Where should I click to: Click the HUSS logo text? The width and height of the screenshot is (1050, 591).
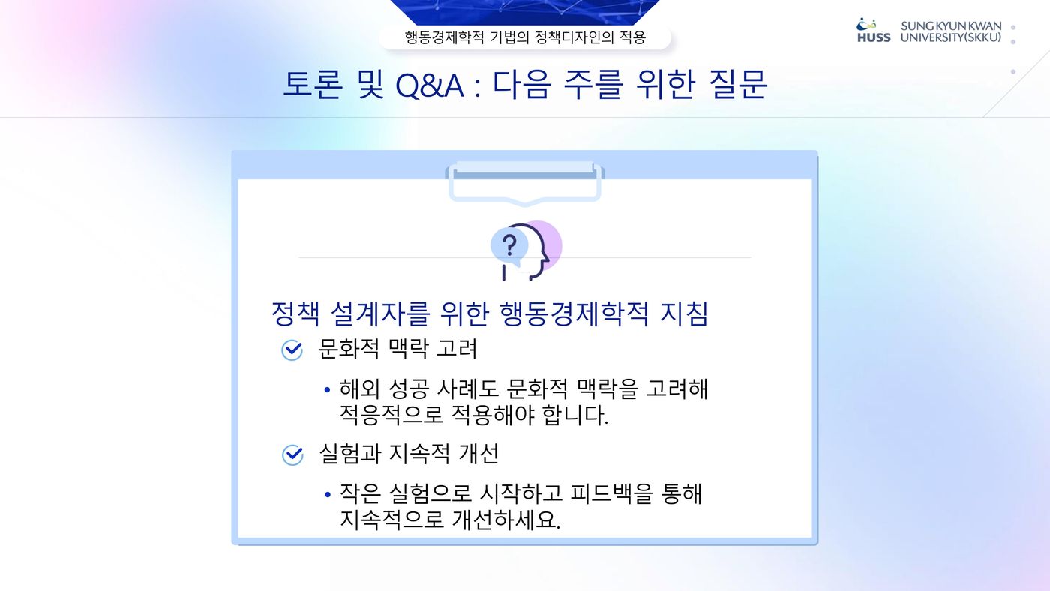(874, 37)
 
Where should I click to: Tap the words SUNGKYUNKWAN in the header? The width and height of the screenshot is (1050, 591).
(951, 26)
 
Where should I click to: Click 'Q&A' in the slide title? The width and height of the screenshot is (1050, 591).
(429, 85)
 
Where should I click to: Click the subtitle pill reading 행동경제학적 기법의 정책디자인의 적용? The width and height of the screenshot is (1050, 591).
(525, 37)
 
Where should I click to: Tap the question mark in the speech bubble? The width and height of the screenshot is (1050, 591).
(509, 245)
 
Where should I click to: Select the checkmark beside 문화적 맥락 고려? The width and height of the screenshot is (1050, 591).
(292, 349)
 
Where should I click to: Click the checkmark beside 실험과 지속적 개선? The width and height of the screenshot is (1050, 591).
(292, 454)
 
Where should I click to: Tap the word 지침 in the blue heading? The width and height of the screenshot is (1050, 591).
(683, 313)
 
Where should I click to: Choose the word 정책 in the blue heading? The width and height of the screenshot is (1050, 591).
(295, 313)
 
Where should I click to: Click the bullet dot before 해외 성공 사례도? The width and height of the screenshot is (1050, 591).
(327, 389)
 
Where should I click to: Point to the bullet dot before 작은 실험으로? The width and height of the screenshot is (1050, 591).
(327, 494)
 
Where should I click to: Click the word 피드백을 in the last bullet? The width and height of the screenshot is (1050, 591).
(611, 493)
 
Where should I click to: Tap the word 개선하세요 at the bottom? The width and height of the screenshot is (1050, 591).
(505, 520)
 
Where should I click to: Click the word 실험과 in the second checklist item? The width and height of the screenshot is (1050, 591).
(349, 453)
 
